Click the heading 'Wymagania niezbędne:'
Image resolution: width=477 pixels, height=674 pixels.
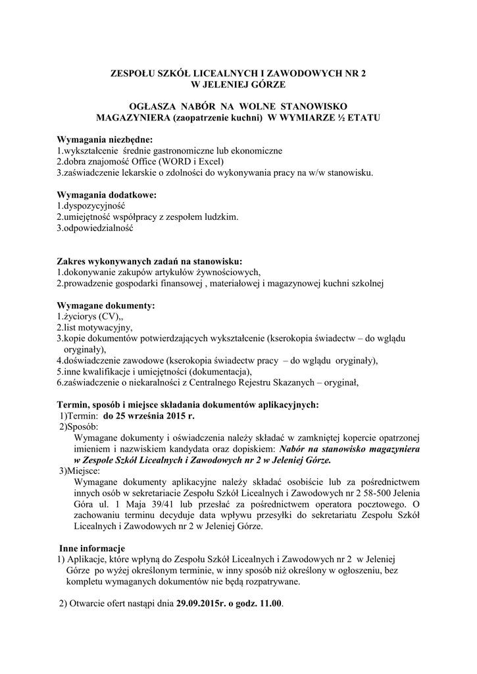coord(104,140)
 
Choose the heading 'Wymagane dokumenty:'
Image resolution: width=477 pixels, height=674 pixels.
coord(106,305)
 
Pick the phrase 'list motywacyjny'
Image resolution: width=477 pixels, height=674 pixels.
coord(97,327)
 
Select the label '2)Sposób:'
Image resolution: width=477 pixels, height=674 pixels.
coord(79,427)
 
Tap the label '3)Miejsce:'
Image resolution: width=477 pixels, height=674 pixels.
coord(80,471)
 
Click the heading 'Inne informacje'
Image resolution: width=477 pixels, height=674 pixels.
coord(92,548)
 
